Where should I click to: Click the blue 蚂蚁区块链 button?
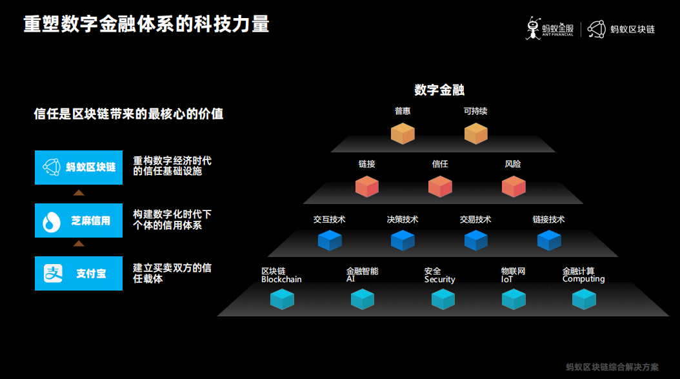coord(79,167)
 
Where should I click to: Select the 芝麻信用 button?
coord(79,220)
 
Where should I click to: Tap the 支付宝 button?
coord(79,273)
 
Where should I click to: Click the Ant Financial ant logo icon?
coord(533,28)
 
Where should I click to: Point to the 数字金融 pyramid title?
coord(439,90)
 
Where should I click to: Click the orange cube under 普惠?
coord(403,133)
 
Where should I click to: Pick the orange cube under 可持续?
coord(476,133)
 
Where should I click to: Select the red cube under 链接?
coord(367,186)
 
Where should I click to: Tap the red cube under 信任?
coord(440,186)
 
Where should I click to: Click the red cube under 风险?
coord(514,186)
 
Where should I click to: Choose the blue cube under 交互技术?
coord(330,240)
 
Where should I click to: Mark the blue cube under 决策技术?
coord(403,240)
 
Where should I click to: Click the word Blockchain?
coord(281,280)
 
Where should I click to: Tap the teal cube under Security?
coord(443,299)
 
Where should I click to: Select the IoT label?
coord(507,280)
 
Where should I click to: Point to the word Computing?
coord(583,279)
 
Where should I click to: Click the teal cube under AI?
coord(363,299)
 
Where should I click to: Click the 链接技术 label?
coord(548,220)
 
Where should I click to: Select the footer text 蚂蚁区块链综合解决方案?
coord(612,367)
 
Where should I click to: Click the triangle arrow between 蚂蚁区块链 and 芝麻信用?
coord(79,192)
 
